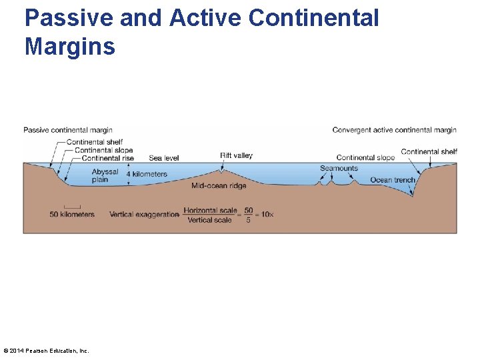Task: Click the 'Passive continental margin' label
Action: (x=68, y=130)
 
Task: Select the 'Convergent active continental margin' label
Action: (x=394, y=130)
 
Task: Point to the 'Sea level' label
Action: (x=164, y=159)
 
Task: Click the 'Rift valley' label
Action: (x=236, y=155)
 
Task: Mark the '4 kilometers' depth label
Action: (x=147, y=175)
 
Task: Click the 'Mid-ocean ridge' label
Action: (x=219, y=186)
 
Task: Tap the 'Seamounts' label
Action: (x=339, y=169)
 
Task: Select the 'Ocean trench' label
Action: (x=393, y=180)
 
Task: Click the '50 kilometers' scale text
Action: (x=72, y=215)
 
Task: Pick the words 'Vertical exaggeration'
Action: (x=144, y=215)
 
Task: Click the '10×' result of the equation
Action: (x=267, y=215)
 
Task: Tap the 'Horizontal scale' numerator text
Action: (x=209, y=210)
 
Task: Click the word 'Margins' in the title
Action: (x=70, y=47)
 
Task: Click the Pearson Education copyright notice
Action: (x=46, y=351)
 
